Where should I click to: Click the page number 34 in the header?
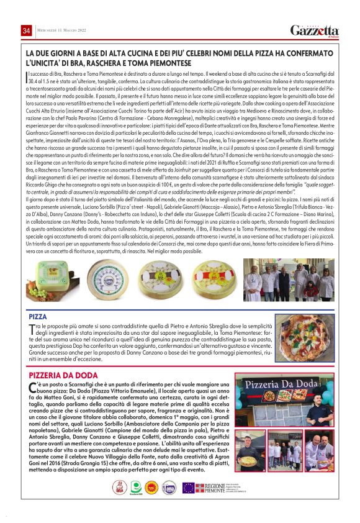(x=27, y=31)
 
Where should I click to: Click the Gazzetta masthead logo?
(x=315, y=30)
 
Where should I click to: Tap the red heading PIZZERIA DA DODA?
(x=63, y=375)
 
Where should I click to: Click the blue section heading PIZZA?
(x=38, y=316)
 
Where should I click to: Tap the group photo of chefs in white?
(x=290, y=280)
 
